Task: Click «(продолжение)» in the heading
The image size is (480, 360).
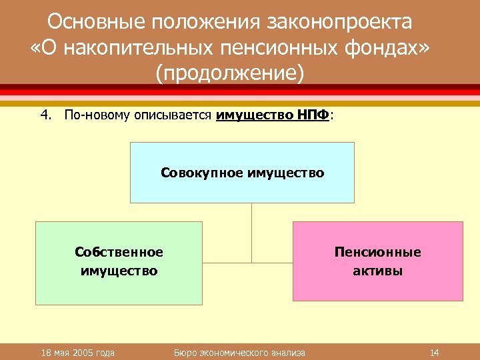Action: [229, 73]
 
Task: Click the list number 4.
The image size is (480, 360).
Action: [45, 115]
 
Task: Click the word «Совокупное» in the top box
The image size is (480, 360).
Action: [202, 173]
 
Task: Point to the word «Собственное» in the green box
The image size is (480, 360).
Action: [119, 253]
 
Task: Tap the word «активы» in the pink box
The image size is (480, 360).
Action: [377, 271]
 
